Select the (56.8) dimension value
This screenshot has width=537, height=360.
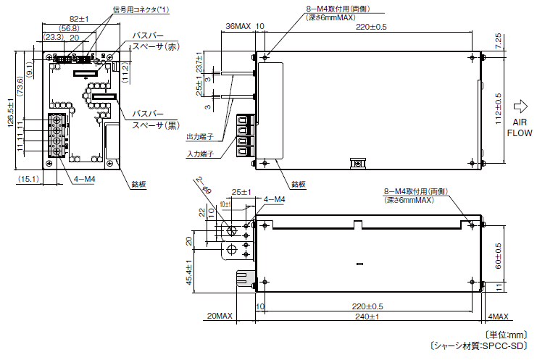click(70, 28)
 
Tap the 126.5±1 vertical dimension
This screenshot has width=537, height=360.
click(11, 113)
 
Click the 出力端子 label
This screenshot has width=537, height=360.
click(200, 136)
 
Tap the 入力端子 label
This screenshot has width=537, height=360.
click(200, 154)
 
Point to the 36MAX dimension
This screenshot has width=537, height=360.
click(238, 26)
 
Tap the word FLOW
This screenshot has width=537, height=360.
click(520, 133)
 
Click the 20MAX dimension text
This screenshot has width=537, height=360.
click(220, 317)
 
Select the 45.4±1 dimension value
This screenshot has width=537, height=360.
click(189, 272)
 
